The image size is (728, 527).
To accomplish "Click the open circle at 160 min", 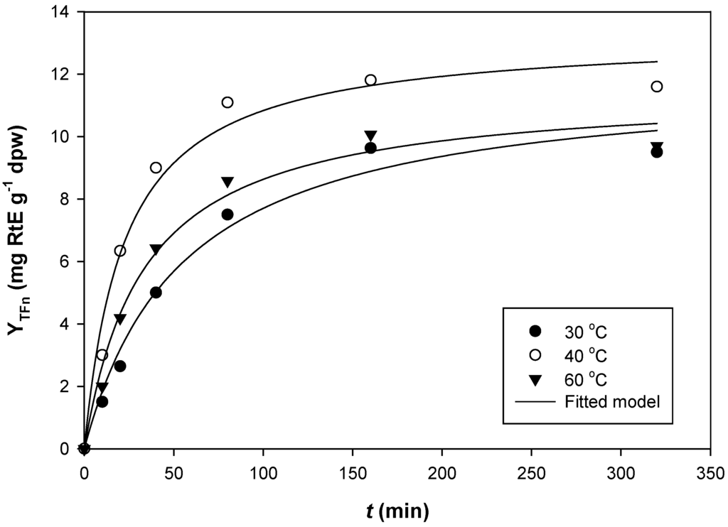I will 370,80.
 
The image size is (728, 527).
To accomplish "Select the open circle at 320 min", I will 657,87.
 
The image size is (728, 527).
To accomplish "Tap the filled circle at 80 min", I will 227,214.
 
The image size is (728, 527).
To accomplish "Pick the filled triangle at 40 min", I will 156,249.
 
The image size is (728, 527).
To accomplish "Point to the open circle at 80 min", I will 227,102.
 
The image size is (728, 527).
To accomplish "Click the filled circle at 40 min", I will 156,293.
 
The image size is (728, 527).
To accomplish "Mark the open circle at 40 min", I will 156,168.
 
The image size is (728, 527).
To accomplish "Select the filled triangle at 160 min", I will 370,136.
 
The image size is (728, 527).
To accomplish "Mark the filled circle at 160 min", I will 370,148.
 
